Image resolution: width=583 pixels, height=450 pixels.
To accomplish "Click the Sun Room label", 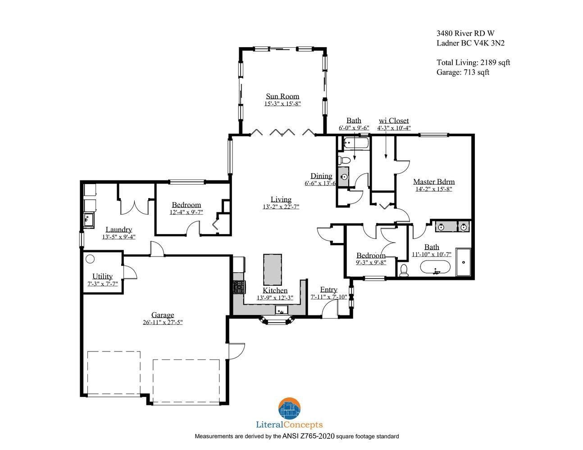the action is coord(282,96).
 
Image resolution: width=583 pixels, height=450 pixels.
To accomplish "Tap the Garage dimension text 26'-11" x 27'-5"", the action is coord(163,322).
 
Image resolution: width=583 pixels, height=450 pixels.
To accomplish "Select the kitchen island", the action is coord(272,270).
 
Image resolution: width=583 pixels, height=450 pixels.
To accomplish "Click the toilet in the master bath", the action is coord(404,270).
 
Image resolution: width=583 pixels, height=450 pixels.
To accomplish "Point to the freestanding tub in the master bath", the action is coord(435,267).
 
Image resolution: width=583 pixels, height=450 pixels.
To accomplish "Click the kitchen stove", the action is coord(238,287).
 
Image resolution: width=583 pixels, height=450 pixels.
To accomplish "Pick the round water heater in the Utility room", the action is coord(90,259).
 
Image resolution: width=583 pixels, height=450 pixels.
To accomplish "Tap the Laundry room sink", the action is coord(88,220).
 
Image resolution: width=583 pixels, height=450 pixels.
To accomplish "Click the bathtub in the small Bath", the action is coord(356,143).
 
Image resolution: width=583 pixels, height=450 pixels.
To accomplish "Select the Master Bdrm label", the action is coord(434,182).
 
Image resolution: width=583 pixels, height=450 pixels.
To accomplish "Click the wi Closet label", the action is coord(394,121).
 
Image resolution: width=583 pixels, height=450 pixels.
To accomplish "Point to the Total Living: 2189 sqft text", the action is coord(473,63).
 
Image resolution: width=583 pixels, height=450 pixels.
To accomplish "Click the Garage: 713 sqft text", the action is coord(463,72).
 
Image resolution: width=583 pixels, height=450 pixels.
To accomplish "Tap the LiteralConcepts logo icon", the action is coord(290,409).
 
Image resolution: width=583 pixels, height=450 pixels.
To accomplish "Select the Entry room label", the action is coord(328,289).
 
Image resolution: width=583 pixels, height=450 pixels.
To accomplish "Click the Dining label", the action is coord(321,176).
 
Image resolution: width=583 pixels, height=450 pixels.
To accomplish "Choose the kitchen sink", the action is coord(282,310).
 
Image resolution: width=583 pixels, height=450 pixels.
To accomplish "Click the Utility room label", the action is coord(102,276).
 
